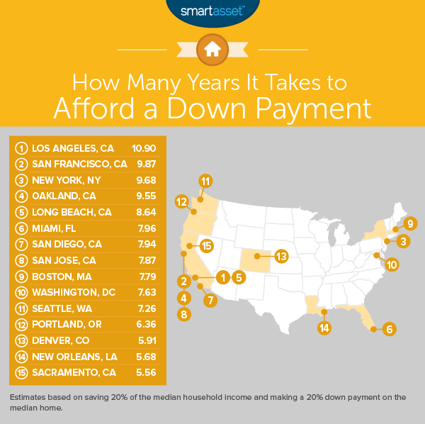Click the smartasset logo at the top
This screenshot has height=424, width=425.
212,11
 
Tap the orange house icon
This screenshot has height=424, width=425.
212,48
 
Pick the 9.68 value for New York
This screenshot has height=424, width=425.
145,180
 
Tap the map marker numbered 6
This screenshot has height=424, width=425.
389,328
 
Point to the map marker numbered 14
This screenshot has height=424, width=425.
324,328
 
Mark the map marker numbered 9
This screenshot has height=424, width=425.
409,223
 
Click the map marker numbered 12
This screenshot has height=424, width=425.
182,201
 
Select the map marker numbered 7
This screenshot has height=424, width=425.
210,300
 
